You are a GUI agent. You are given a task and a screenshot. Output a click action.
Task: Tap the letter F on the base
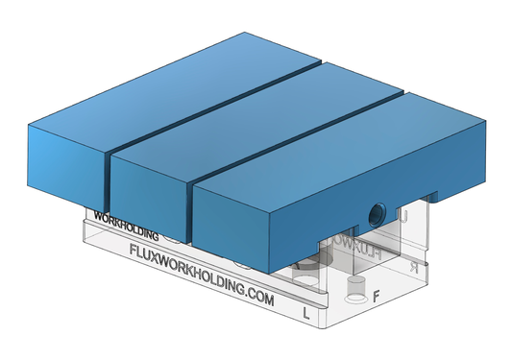click(x=377, y=296)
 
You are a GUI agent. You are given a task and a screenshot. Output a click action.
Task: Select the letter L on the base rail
click(x=306, y=313)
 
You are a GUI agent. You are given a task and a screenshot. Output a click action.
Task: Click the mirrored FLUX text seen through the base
click(x=357, y=249)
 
